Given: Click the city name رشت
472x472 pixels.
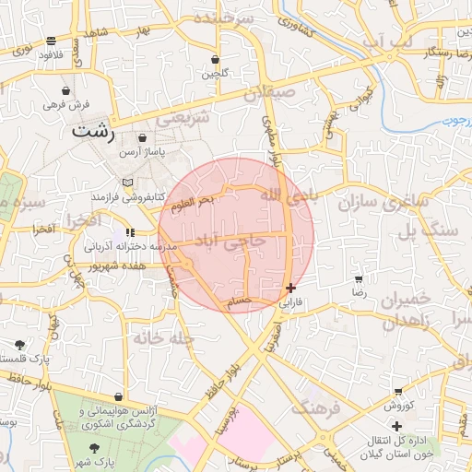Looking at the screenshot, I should pos(94,133).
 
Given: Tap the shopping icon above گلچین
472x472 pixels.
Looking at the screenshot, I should pos(215,59).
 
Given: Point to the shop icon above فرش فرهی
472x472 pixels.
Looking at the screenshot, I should pos(65,91).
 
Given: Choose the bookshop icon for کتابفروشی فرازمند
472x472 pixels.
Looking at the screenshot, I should pos(127,182).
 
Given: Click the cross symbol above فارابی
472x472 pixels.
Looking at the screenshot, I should pos(291,288).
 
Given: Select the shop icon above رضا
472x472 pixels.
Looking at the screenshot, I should pos(359,277).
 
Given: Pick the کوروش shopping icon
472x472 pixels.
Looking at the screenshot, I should pos(397,392).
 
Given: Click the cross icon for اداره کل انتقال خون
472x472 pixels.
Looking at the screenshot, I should pos(396,426).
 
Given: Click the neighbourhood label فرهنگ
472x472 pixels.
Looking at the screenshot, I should pos(316,407).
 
